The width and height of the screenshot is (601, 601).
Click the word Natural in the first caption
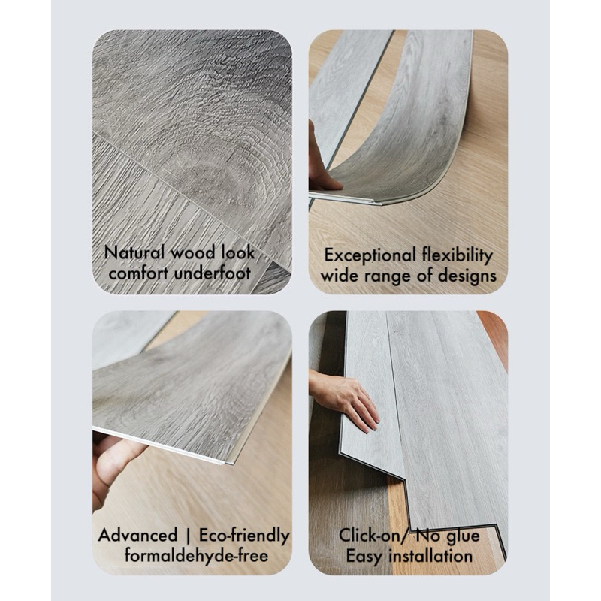click(x=135, y=252)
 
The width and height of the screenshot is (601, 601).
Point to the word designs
click(x=467, y=276)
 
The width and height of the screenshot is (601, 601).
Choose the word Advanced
click(x=137, y=535)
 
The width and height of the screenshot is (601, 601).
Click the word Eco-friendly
click(x=244, y=536)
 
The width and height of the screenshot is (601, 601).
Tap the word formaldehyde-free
click(x=196, y=555)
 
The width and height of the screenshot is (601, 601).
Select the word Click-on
click(x=369, y=535)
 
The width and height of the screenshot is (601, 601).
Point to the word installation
click(x=430, y=556)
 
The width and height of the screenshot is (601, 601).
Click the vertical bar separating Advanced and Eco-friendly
click(x=188, y=536)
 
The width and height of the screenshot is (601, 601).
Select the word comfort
click(x=138, y=273)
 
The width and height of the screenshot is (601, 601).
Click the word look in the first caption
click(x=238, y=252)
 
